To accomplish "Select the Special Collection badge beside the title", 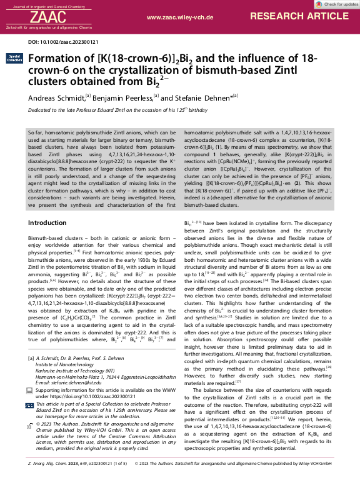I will pos(14,58).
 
